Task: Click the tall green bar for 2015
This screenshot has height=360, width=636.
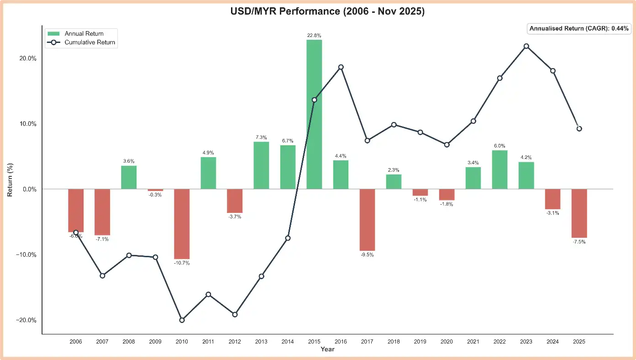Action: point(314,114)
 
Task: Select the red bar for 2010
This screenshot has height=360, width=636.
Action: point(182,224)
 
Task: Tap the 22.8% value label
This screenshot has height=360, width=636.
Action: point(314,35)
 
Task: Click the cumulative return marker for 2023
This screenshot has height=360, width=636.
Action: point(526,46)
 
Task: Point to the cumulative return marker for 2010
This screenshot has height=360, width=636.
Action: point(182,320)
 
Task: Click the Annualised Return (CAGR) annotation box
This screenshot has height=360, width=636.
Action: point(579,28)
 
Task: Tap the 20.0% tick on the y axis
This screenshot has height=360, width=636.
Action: point(26,58)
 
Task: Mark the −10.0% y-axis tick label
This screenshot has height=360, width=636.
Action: point(25,254)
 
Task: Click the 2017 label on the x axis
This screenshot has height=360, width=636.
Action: point(367,342)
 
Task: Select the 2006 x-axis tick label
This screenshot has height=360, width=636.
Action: point(76,342)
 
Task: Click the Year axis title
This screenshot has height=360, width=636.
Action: point(327,349)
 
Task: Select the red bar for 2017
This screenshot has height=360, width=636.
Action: point(367,220)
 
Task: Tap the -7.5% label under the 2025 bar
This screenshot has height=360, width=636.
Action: point(579,242)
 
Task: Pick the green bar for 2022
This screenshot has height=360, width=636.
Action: point(500,169)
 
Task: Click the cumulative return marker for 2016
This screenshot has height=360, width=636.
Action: point(341,67)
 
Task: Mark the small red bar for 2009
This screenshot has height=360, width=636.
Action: point(155,190)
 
